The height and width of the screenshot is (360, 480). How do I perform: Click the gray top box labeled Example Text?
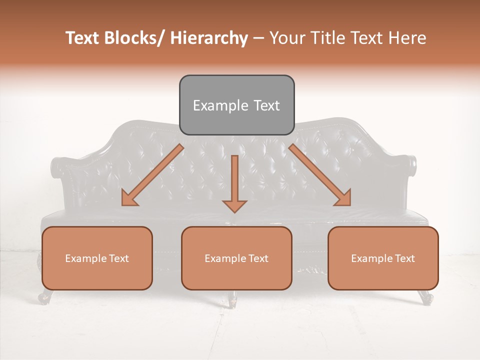(x=236, y=105)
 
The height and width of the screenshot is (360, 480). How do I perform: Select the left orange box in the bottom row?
(x=97, y=258)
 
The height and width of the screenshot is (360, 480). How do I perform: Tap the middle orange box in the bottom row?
(x=236, y=258)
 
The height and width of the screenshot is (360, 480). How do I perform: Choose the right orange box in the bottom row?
(x=383, y=258)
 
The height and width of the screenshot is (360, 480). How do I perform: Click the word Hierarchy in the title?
(x=209, y=38)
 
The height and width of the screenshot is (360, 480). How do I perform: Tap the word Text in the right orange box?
(x=404, y=258)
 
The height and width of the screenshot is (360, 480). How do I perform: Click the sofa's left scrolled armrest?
(x=59, y=167)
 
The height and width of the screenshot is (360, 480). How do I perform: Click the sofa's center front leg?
(x=232, y=299)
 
